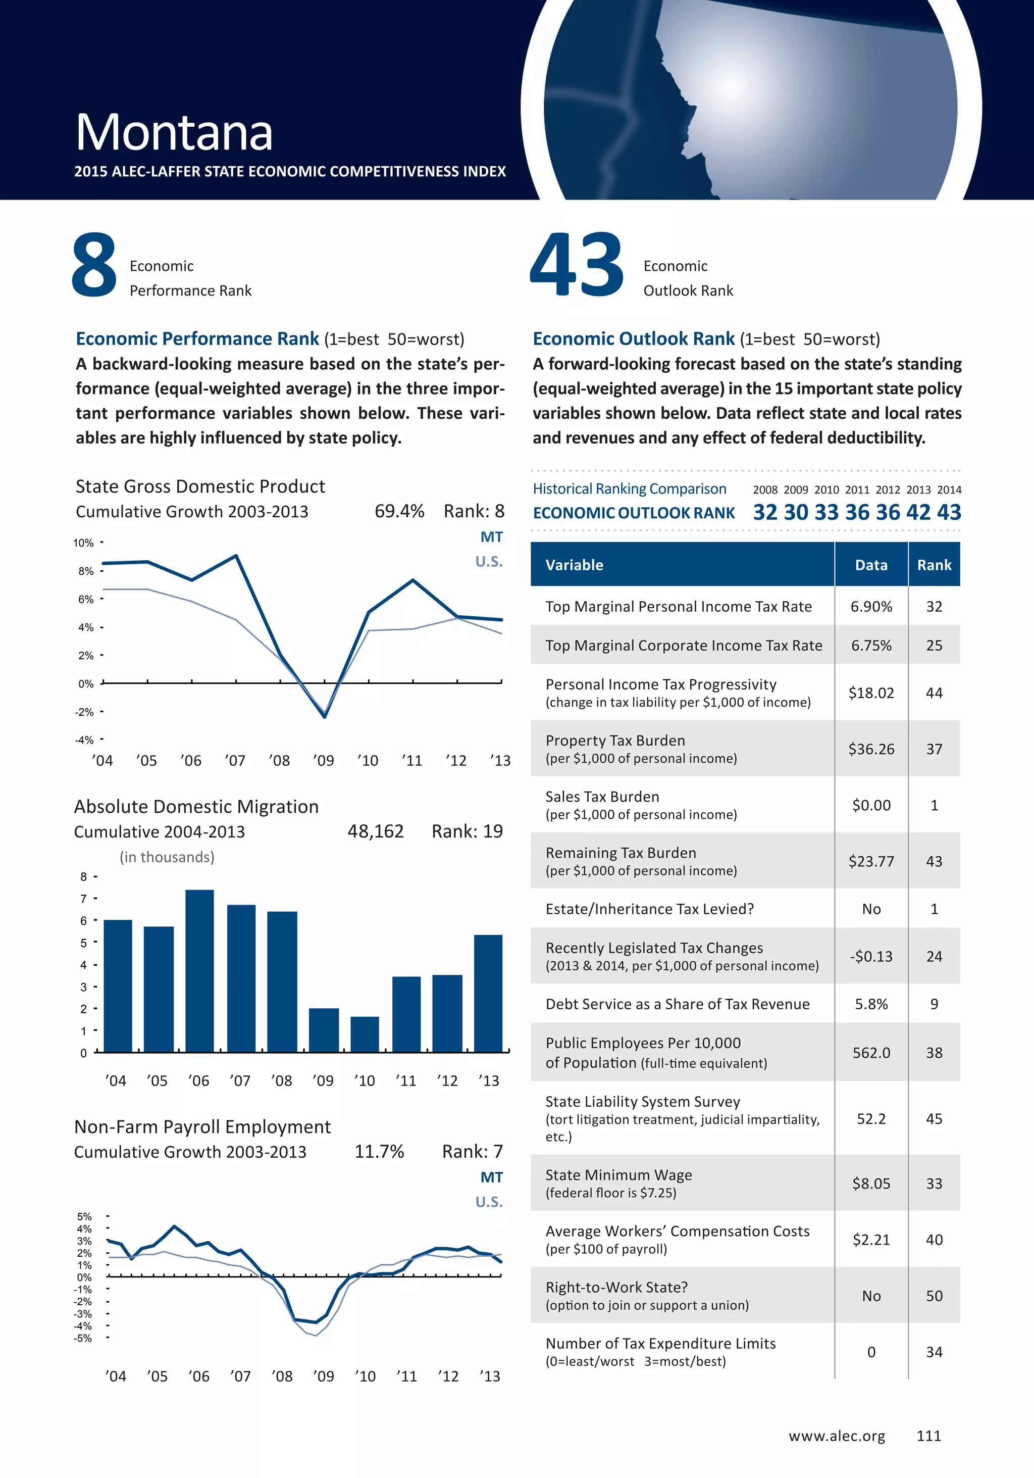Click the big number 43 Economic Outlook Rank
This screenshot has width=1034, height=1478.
(576, 265)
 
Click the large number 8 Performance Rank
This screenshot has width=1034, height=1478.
(94, 265)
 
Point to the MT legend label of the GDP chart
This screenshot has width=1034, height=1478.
(492, 537)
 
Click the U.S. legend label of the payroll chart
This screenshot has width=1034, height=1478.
(489, 1202)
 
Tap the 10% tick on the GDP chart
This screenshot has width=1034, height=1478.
(84, 543)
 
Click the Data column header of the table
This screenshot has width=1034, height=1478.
(871, 565)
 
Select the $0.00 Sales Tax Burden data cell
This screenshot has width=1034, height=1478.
(871, 805)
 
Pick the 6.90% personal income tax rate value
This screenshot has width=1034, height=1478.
(871, 606)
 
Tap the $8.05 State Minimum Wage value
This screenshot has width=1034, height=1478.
(871, 1183)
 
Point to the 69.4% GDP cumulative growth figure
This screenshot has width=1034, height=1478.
(399, 511)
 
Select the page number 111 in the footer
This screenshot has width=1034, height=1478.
(928, 1436)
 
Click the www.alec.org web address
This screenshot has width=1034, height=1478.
(837, 1436)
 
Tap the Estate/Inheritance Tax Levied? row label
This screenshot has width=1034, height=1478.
(649, 909)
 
